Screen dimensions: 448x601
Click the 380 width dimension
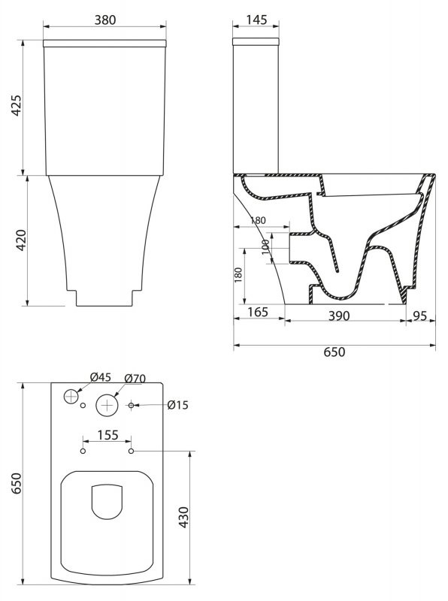click(105, 20)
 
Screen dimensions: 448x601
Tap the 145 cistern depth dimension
click(256, 20)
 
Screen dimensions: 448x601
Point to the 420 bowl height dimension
click(21, 240)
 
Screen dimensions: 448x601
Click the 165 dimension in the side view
click(258, 312)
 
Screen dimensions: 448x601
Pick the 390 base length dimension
click(339, 316)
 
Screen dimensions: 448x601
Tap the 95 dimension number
click(420, 316)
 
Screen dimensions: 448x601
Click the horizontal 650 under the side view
click(334, 352)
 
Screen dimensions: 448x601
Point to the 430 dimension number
click(184, 517)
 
